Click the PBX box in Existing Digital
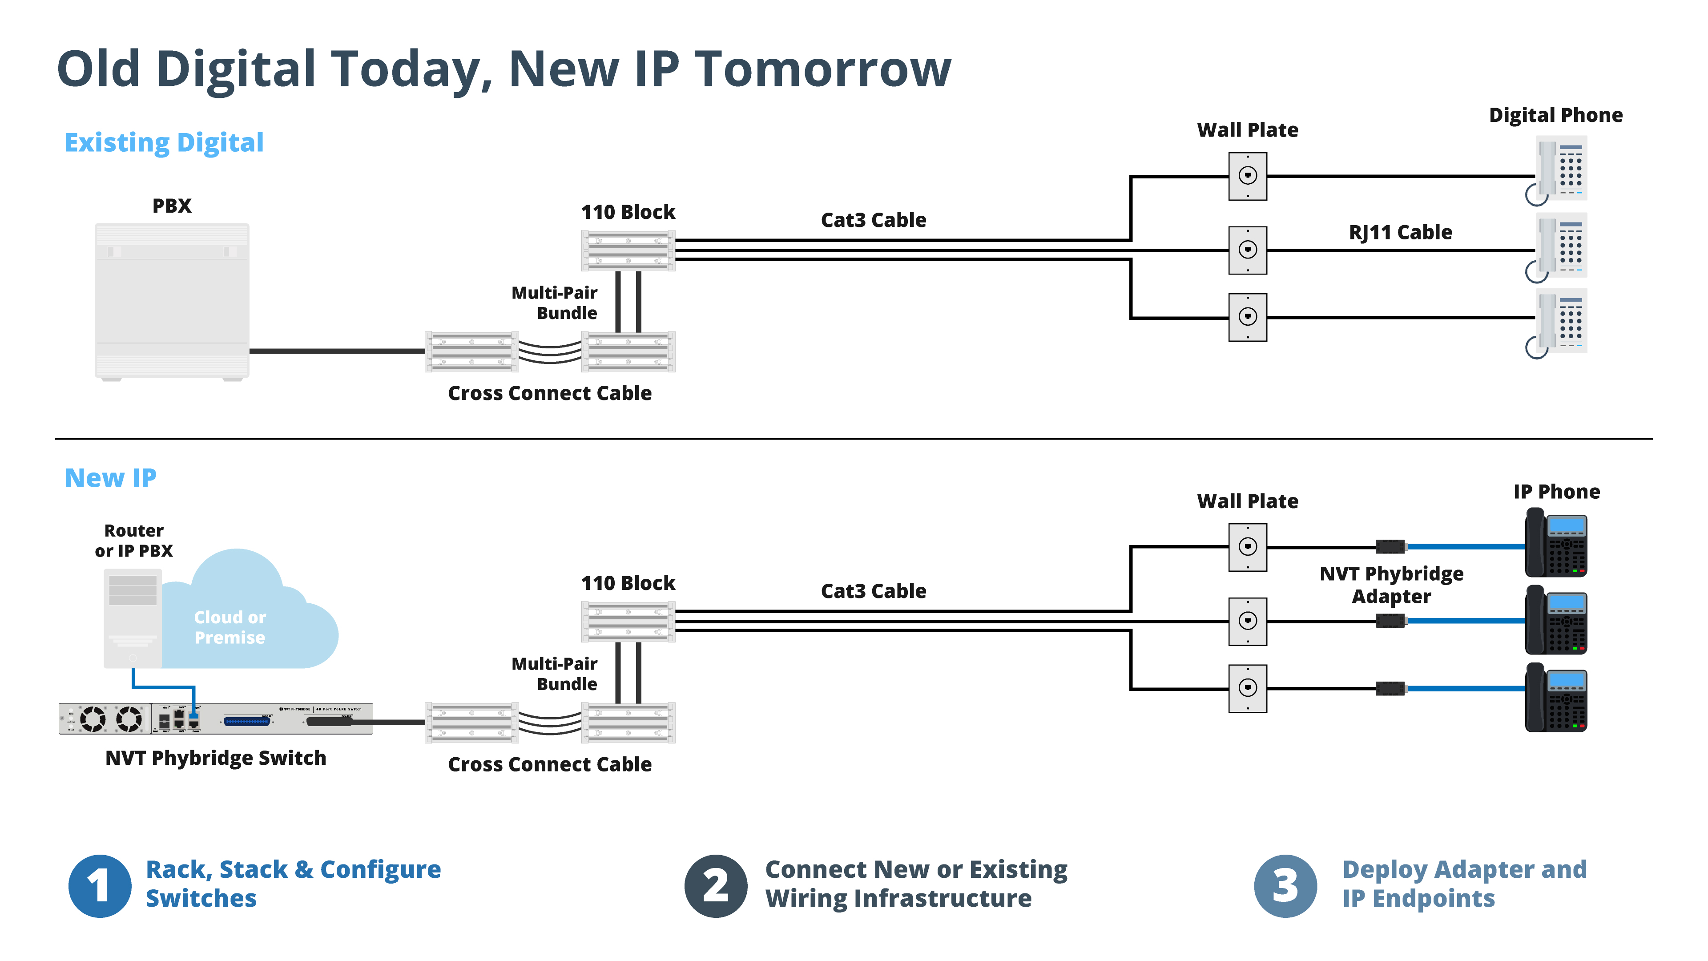tap(172, 301)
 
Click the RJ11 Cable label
tap(1400, 232)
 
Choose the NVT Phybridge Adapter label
tap(1391, 584)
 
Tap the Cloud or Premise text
tap(230, 627)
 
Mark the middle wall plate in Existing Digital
tap(1247, 250)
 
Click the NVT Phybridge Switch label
tap(215, 757)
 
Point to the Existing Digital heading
tap(164, 142)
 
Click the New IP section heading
tap(110, 477)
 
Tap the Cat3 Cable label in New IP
tap(873, 590)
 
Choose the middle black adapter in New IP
tap(1390, 621)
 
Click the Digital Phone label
tap(1555, 115)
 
